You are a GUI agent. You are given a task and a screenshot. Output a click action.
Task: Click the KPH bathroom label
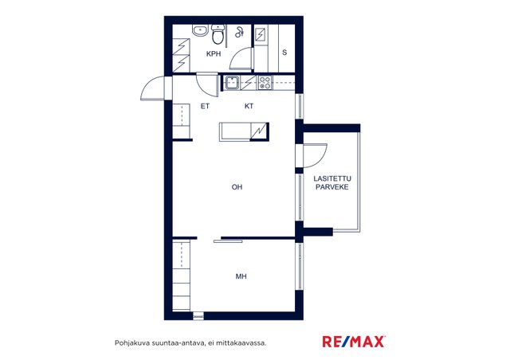click(214, 54)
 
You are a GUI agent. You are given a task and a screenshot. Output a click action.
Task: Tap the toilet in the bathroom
click(218, 34)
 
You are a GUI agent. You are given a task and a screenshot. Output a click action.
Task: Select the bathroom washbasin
click(200, 30)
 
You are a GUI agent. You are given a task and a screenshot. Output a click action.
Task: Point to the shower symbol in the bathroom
click(239, 32)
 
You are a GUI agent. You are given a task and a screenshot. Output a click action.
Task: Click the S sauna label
click(284, 53)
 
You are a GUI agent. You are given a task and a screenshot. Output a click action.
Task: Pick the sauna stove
click(261, 34)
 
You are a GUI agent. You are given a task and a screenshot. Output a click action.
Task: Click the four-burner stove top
click(265, 83)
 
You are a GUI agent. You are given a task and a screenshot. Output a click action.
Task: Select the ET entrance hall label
click(205, 106)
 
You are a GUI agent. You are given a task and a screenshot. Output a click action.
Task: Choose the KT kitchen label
click(249, 106)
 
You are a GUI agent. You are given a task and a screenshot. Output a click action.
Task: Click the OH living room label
click(237, 187)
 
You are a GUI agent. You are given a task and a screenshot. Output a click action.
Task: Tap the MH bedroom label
click(241, 276)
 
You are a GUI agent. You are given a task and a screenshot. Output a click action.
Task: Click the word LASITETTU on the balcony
click(332, 178)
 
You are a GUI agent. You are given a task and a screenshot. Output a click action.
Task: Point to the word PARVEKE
click(332, 187)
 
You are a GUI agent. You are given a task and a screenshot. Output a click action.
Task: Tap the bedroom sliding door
click(228, 241)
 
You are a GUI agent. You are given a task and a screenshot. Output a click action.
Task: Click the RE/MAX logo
click(354, 342)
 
